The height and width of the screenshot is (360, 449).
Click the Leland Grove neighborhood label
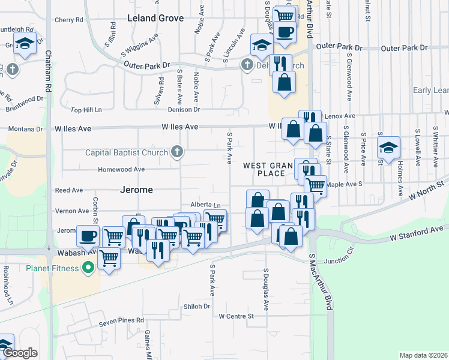pos(155,18)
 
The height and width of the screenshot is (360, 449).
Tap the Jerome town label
pos(137,190)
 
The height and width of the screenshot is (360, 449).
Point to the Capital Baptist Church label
pos(127,152)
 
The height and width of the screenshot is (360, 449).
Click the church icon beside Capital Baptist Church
pos(176,152)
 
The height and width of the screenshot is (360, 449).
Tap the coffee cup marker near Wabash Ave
pos(88,235)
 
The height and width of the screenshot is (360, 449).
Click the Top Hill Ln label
pos(86,110)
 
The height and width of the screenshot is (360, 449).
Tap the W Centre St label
pos(237,316)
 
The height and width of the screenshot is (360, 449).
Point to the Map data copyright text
pos(424,355)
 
